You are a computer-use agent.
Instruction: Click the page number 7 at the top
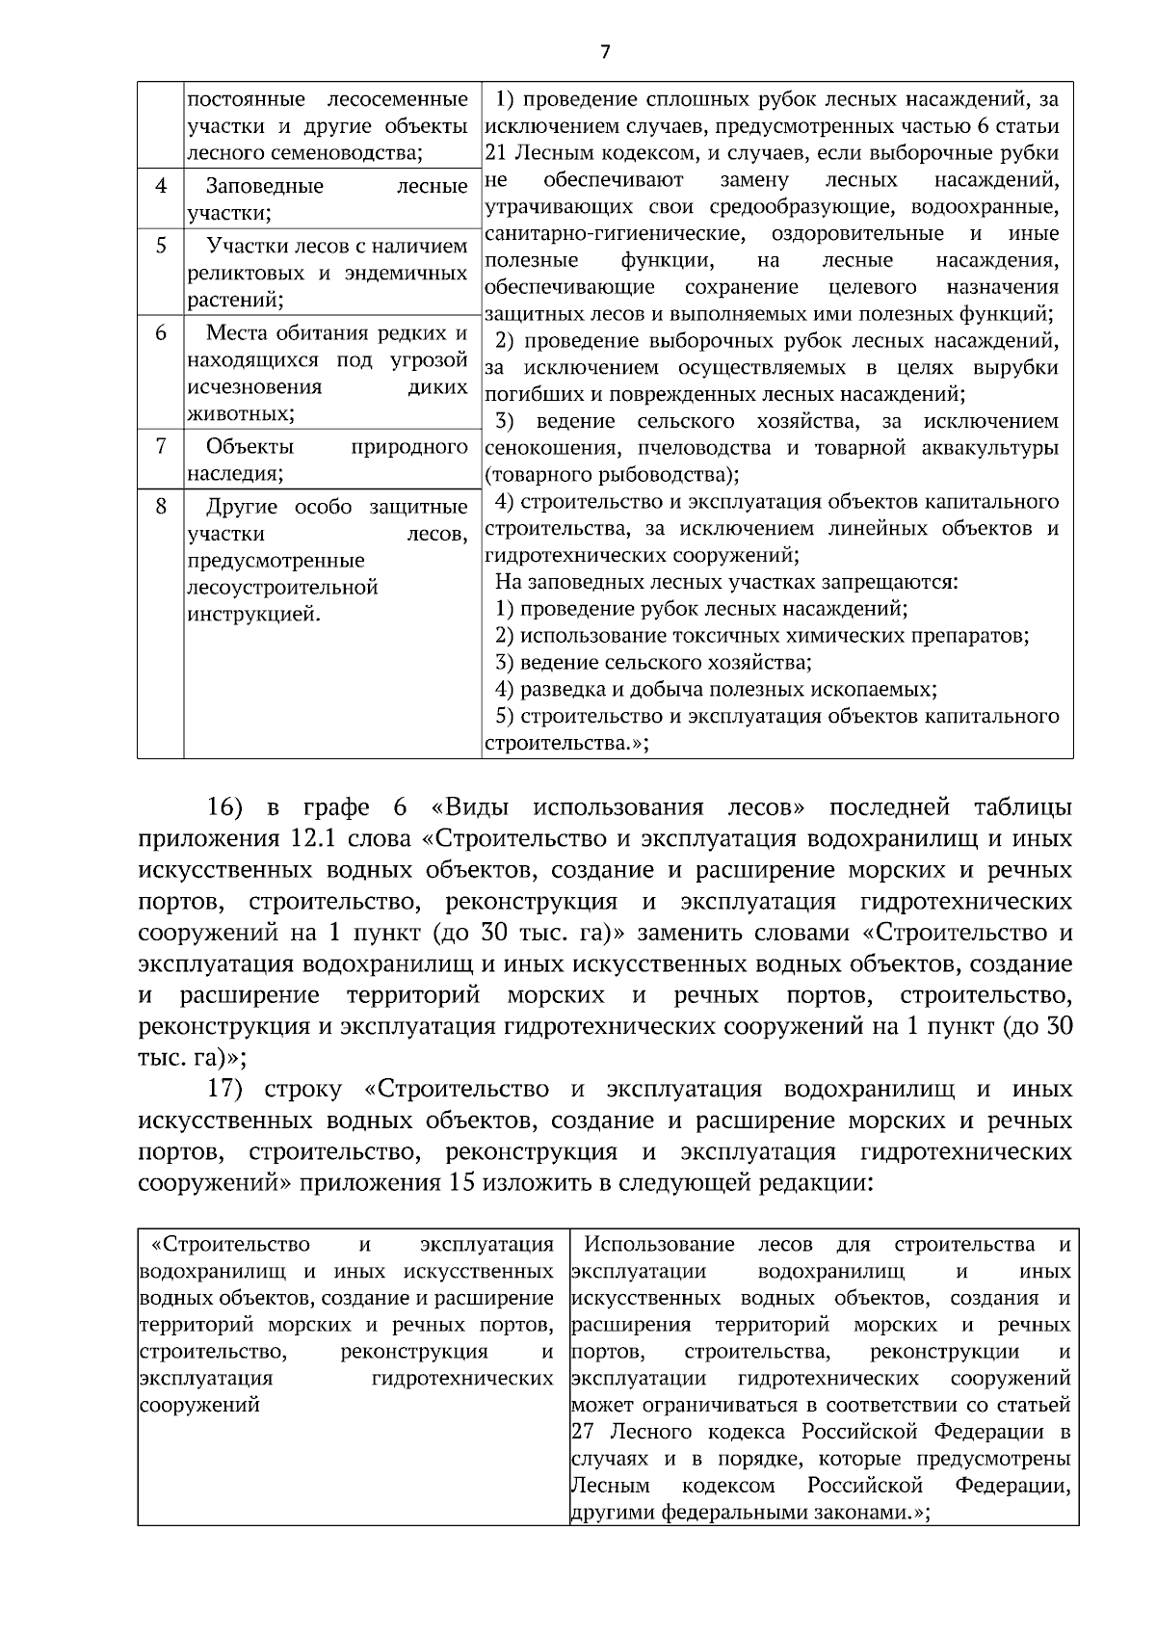(x=605, y=52)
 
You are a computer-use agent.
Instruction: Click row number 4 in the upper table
(x=161, y=185)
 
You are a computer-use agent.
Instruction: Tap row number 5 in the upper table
(x=161, y=245)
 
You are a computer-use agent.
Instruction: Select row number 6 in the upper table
(x=161, y=332)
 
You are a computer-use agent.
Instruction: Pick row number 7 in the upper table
(x=161, y=445)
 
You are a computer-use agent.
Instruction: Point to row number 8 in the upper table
(x=161, y=505)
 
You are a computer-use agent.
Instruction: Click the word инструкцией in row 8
(x=252, y=615)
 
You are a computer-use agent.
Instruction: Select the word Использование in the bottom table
(x=659, y=1244)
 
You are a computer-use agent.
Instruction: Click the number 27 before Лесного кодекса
(x=582, y=1431)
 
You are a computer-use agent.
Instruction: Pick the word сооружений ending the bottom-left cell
(x=199, y=1405)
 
